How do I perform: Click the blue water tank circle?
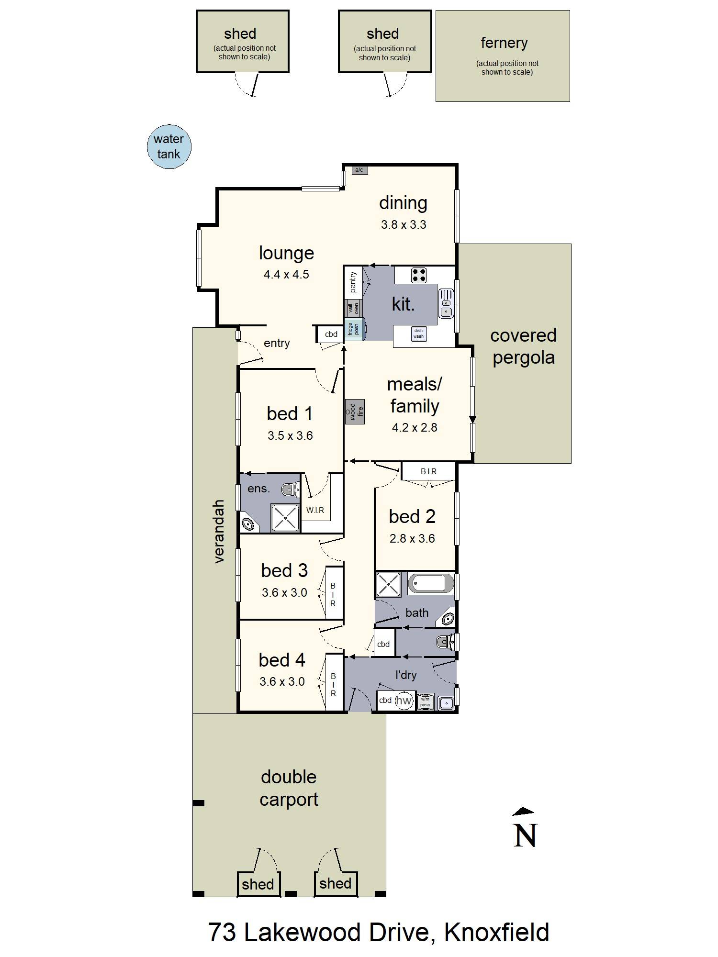(169, 147)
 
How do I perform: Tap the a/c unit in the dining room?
(359, 170)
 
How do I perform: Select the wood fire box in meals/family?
(355, 412)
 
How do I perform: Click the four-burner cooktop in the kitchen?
(419, 275)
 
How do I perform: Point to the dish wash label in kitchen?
(418, 334)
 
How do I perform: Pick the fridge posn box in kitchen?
(353, 329)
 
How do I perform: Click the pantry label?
(353, 282)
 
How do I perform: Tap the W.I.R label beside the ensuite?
(315, 510)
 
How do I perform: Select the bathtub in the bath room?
(431, 583)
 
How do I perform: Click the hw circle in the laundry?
(404, 701)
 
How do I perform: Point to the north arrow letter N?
(525, 835)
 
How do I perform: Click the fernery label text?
(504, 43)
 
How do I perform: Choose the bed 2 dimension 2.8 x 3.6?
(412, 538)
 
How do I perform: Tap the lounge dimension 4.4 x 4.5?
(286, 274)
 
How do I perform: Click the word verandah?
(219, 531)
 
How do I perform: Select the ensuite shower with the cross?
(285, 517)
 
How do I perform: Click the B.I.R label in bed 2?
(428, 471)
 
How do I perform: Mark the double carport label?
(289, 788)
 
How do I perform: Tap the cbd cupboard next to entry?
(331, 334)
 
